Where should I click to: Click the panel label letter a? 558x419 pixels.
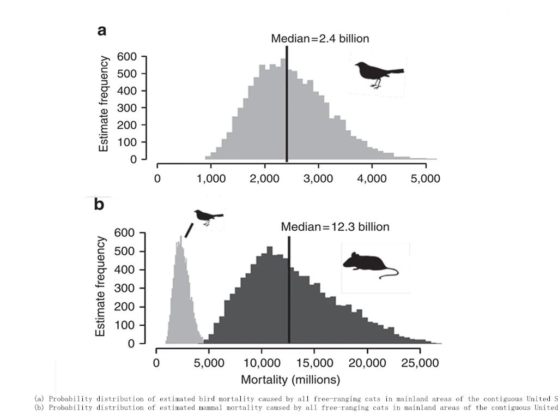click(102, 31)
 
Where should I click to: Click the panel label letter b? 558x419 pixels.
click(99, 204)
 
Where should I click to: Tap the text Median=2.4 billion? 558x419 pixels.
click(320, 39)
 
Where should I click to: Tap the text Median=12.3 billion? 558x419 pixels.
click(335, 227)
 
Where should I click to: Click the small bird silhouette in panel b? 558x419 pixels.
click(208, 217)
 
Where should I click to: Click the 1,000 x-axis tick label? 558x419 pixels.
click(210, 178)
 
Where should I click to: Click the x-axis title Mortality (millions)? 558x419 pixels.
click(290, 379)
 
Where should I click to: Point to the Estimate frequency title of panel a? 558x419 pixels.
click(104, 104)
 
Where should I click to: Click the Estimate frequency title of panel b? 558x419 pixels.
click(101, 286)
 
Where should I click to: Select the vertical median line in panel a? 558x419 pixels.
click(287, 104)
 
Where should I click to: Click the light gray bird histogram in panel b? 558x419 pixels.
click(181, 306)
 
